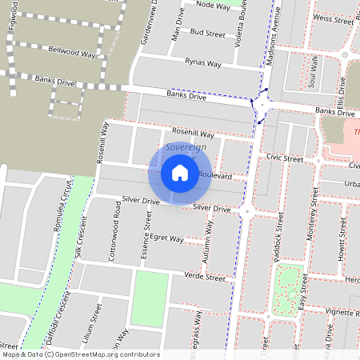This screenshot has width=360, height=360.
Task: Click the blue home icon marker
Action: (x=180, y=173)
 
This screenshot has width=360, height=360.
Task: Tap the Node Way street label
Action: (x=212, y=5)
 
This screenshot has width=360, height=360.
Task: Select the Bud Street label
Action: (x=208, y=34)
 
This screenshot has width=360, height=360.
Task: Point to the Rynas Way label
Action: (x=202, y=62)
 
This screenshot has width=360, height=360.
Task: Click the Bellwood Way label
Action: (x=68, y=50)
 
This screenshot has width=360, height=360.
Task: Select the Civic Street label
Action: (x=286, y=158)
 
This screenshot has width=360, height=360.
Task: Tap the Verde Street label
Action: (x=205, y=277)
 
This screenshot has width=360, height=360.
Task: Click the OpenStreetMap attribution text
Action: (x=80, y=354)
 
